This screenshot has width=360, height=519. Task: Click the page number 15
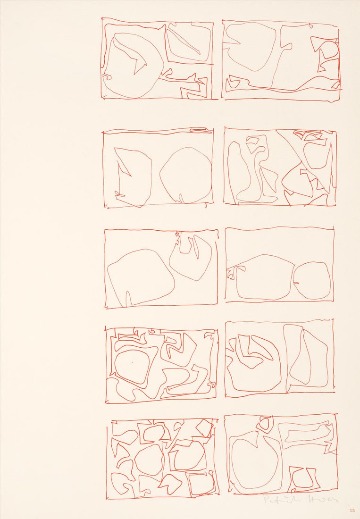pyautogui.click(x=352, y=511)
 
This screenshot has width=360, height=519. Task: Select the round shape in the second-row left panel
pyautogui.click(x=185, y=175)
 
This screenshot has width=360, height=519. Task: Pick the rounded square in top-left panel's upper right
pyautogui.click(x=189, y=42)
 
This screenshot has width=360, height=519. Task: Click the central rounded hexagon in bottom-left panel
pyautogui.click(x=150, y=459)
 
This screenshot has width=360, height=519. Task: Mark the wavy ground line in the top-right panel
pyautogui.click(x=283, y=88)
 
